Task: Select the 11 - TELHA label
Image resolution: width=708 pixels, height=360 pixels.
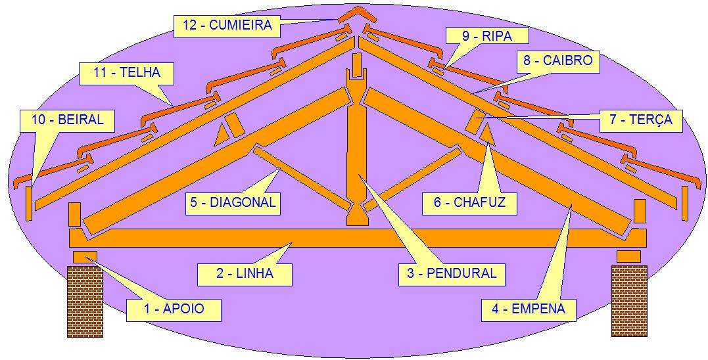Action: pyautogui.click(x=126, y=73)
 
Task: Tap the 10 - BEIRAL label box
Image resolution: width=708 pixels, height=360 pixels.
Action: pyautogui.click(x=66, y=120)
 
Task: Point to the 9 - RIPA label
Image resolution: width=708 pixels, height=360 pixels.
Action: pyautogui.click(x=486, y=36)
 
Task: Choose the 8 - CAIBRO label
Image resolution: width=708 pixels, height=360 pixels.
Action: pyautogui.click(x=558, y=61)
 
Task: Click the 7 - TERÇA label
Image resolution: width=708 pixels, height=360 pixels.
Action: pyautogui.click(x=641, y=120)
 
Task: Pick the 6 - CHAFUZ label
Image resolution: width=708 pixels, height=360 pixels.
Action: pyautogui.click(x=469, y=202)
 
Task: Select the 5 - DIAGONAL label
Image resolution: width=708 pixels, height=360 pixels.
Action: pyautogui.click(x=233, y=202)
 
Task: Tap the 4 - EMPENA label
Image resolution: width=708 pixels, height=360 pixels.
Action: pyautogui.click(x=528, y=308)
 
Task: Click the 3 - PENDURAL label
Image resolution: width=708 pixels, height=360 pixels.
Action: pyautogui.click(x=452, y=273)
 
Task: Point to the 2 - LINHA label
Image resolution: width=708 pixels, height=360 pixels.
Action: pyautogui.click(x=245, y=273)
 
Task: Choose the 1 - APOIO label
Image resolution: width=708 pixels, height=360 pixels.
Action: pyautogui.click(x=174, y=309)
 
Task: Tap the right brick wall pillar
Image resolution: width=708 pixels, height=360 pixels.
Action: pyautogui.click(x=629, y=300)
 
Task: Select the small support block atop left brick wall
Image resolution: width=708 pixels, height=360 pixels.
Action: pyautogui.click(x=85, y=256)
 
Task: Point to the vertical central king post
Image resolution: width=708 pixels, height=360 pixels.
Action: pyautogui.click(x=356, y=151)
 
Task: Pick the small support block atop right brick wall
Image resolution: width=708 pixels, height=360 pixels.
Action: pyautogui.click(x=628, y=256)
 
